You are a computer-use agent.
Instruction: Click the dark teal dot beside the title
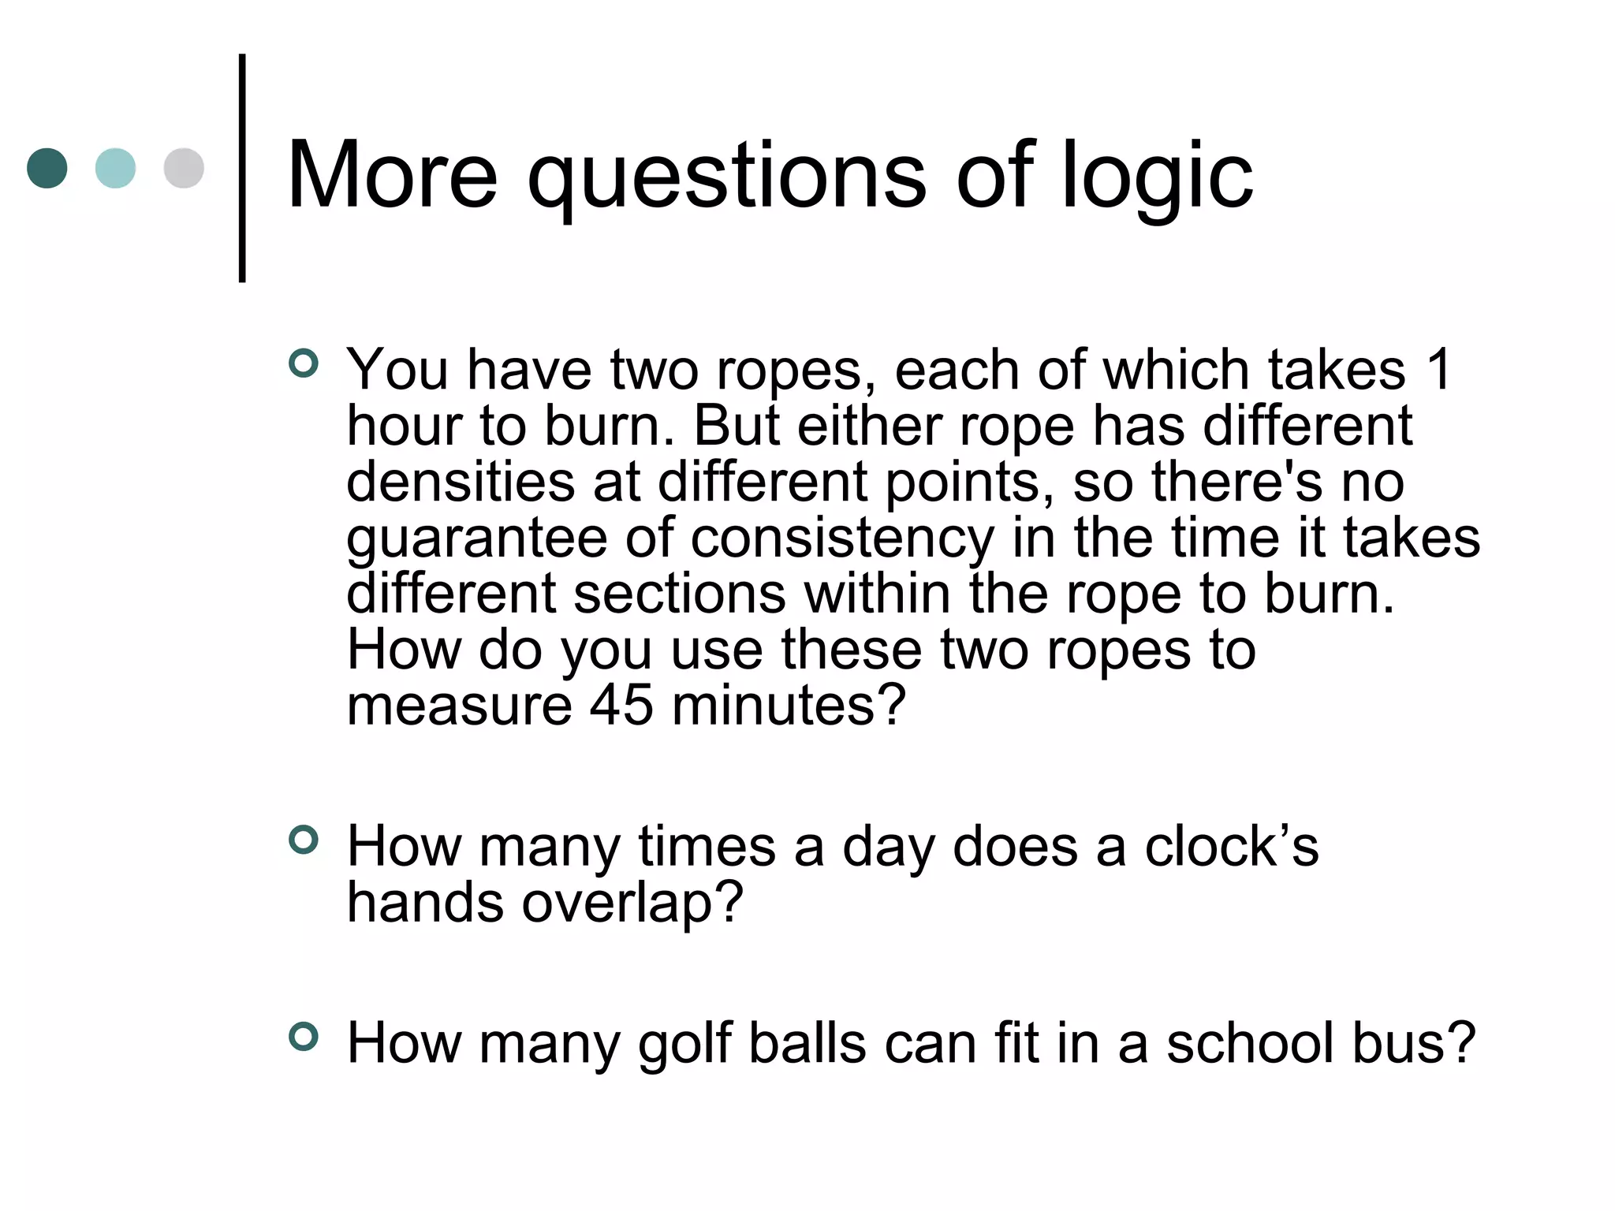click(x=47, y=168)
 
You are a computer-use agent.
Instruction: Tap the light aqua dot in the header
click(x=115, y=168)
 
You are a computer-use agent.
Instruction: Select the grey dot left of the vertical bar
click(x=184, y=168)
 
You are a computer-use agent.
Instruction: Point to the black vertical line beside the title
click(x=242, y=168)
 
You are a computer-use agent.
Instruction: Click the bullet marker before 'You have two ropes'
click(x=304, y=363)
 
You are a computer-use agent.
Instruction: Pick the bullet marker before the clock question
click(x=304, y=840)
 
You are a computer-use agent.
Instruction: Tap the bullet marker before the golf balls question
click(x=304, y=1036)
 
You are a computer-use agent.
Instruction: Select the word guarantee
click(x=476, y=539)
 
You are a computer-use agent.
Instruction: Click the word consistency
click(x=842, y=539)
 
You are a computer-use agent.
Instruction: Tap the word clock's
click(x=1231, y=846)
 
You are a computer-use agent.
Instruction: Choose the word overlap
click(x=632, y=904)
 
